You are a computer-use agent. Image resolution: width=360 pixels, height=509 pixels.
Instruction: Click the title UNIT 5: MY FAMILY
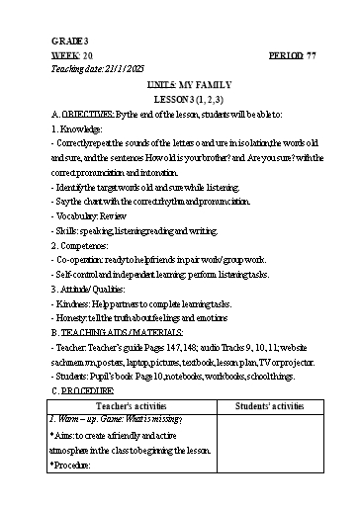pyautogui.click(x=179, y=87)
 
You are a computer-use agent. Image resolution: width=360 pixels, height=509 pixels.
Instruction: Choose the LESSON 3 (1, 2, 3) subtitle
pyautogui.click(x=179, y=101)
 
